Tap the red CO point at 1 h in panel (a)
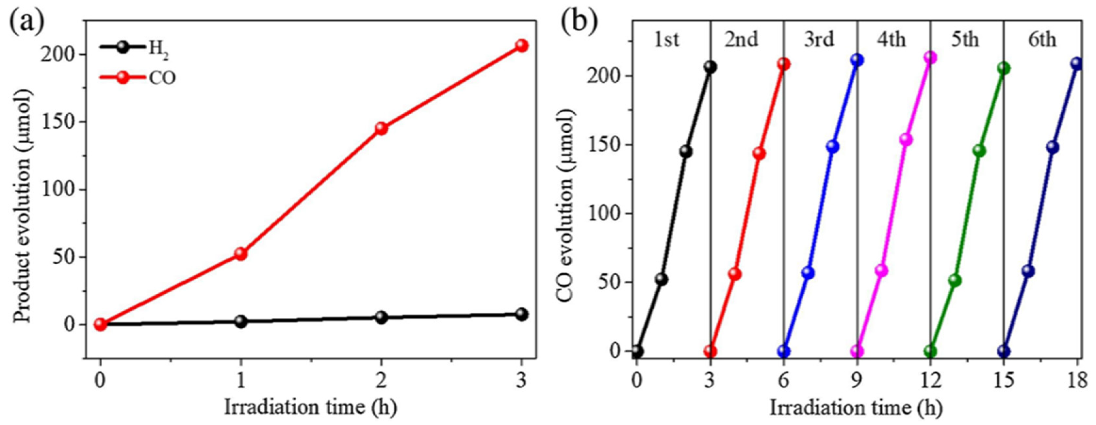tap(241, 254)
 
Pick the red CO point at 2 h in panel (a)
tap(381, 128)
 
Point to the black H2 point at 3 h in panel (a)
tap(522, 314)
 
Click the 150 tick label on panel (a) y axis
tap(61, 122)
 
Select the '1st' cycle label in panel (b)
tap(666, 40)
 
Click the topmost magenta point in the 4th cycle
tap(930, 57)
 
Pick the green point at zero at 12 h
tap(930, 351)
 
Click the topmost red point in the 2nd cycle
tap(783, 64)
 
